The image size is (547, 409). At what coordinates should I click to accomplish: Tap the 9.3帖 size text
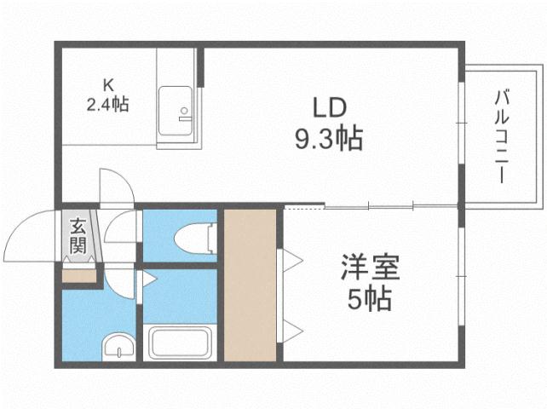pyautogui.click(x=328, y=137)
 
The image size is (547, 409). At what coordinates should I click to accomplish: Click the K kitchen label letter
pyautogui.click(x=108, y=84)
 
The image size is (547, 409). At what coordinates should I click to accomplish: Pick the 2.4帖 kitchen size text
pyautogui.click(x=107, y=106)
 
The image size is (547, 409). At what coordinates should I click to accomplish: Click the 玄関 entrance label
pyautogui.click(x=78, y=238)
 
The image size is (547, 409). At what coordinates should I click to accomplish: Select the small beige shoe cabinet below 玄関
pyautogui.click(x=79, y=274)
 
